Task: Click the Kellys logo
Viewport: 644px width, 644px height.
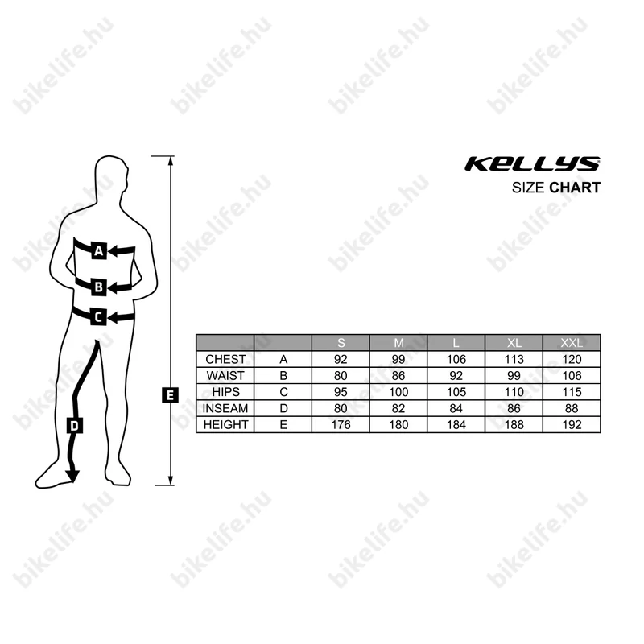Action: coord(532,164)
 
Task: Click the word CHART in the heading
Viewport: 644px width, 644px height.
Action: coord(575,188)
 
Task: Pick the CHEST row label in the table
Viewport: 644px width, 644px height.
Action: coord(225,359)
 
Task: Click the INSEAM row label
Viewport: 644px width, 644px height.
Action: coord(225,408)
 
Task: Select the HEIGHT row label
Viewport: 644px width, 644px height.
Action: coord(225,424)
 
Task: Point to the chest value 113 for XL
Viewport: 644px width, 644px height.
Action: coord(514,359)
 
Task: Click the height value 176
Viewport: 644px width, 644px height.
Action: coord(341,424)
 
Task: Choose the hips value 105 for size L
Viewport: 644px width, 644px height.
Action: coord(456,392)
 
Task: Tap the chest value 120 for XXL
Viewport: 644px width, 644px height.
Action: coord(572,359)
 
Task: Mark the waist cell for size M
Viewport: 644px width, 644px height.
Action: coord(398,375)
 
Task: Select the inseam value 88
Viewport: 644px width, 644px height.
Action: coord(572,408)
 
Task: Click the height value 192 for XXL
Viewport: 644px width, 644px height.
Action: coord(572,424)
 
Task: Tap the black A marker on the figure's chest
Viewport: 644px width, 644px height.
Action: coord(99,251)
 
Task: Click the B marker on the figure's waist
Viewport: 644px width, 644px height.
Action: coord(98,286)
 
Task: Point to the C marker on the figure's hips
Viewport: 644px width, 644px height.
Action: coord(97,317)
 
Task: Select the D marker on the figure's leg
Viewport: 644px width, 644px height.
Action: coord(74,426)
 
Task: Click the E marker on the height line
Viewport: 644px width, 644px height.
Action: coord(169,394)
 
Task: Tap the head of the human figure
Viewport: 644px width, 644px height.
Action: coord(112,177)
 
